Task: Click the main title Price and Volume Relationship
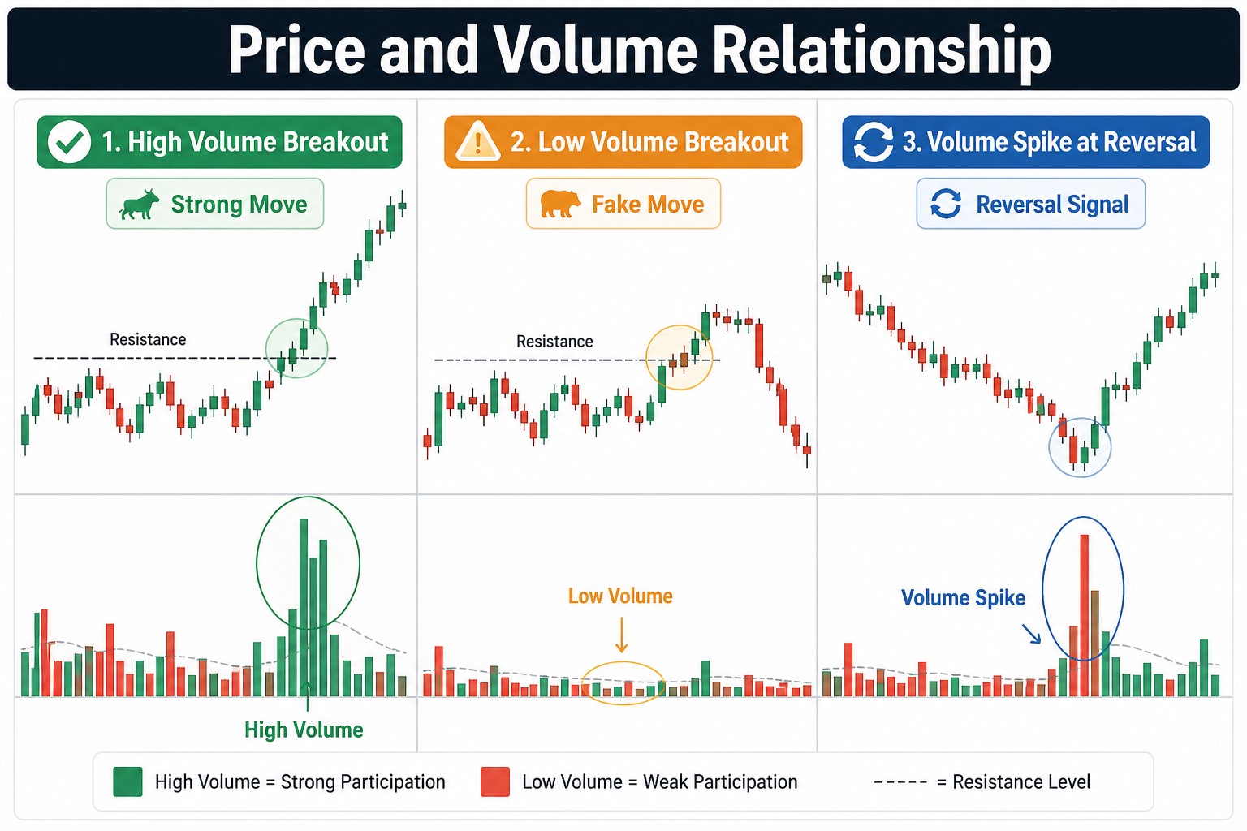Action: pos(639,50)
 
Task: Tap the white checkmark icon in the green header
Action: pos(69,142)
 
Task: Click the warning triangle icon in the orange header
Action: pos(477,142)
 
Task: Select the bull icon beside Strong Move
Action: pos(140,205)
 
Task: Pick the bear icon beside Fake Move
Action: pos(560,204)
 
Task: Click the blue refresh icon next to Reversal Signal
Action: pos(946,204)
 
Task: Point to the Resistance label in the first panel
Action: pos(148,339)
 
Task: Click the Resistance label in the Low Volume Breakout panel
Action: pos(554,342)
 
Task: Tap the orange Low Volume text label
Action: pos(620,596)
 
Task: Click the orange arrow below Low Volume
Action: pos(621,635)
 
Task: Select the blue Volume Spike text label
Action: pos(963,598)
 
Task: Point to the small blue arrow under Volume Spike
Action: pos(1031,634)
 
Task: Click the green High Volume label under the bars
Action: pos(304,730)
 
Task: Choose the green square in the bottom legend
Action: pos(127,781)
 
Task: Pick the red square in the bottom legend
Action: pos(495,781)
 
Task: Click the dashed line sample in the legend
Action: pos(900,782)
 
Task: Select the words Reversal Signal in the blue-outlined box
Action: pos(1052,205)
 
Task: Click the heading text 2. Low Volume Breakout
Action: pos(649,142)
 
